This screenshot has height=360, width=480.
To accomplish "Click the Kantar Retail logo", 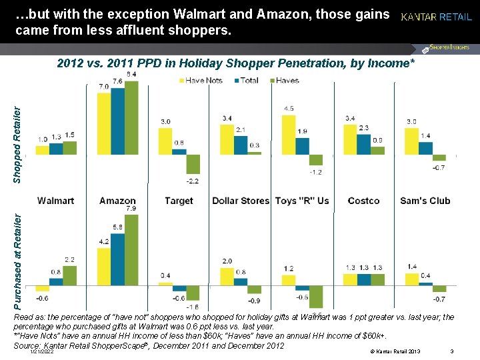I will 436,17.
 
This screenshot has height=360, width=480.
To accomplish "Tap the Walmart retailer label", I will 56,201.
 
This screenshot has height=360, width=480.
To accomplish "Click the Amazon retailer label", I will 117,201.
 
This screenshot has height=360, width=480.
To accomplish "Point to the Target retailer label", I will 178,201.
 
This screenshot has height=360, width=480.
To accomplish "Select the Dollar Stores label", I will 241,201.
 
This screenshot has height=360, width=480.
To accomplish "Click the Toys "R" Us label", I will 302,201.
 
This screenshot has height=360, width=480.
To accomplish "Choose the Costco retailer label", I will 363,201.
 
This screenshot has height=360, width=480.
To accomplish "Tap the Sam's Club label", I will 425,201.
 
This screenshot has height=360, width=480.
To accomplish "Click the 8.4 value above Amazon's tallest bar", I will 131,73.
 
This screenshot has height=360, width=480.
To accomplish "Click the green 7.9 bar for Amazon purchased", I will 131,249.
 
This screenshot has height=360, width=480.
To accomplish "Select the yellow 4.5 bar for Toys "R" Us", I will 289,135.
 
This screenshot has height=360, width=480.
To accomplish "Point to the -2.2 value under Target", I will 193,181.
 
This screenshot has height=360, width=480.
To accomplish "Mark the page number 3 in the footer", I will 452,351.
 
